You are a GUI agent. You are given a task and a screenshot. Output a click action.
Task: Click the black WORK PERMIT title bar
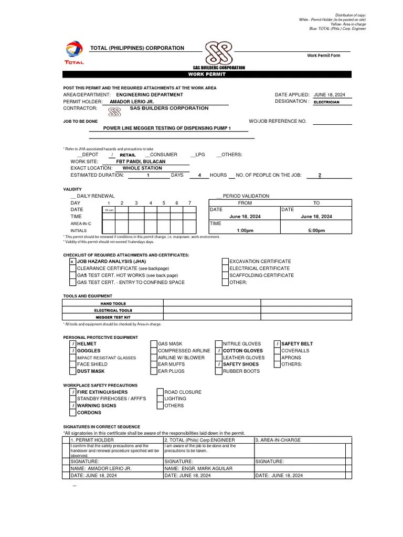pos(218,74)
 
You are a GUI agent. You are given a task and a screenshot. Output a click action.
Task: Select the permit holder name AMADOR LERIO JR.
pos(131,102)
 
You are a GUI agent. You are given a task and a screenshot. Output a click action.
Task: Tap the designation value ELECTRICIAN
pos(326,102)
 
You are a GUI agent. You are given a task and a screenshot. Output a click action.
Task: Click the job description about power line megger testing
pos(167,128)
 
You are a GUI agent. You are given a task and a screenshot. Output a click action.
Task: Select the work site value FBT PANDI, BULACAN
pos(141,162)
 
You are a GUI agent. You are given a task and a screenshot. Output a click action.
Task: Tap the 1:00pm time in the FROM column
pos(245,230)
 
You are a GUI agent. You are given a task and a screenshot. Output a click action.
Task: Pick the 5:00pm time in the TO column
pos(316,230)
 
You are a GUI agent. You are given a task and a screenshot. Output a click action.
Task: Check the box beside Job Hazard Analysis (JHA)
pos(72,261)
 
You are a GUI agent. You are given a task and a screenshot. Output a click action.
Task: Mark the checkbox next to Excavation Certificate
pos(225,261)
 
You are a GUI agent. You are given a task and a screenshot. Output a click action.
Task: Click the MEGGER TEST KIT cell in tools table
pos(113,317)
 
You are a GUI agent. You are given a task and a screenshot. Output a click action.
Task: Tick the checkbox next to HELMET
pos(72,344)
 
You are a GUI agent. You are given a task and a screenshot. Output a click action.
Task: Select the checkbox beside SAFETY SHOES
pos(218,364)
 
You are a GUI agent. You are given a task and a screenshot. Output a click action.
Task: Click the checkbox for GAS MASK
pos(154,344)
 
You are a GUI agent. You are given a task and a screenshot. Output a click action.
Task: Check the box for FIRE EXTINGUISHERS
pos(72,392)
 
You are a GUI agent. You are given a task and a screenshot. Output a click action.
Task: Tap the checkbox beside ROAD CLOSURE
pos(160,392)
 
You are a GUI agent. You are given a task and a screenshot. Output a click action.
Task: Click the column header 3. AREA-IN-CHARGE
pos(278,440)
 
